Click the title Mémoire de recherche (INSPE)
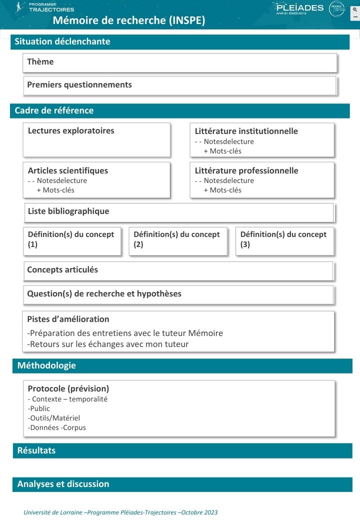click(129, 20)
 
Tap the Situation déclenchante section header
click(62, 41)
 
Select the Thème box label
click(40, 61)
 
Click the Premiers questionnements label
click(79, 84)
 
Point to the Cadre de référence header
click(54, 110)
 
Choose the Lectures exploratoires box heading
click(71, 130)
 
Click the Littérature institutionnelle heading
click(246, 131)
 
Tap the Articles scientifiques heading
click(68, 170)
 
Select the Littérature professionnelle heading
click(246, 170)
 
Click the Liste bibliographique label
click(68, 211)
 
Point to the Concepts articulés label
click(62, 269)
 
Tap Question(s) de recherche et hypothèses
click(104, 293)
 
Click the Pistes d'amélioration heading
click(68, 319)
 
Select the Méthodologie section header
click(46, 365)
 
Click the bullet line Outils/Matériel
click(54, 418)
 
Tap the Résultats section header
click(36, 450)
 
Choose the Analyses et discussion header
click(63, 484)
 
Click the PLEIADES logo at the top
click(299, 8)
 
